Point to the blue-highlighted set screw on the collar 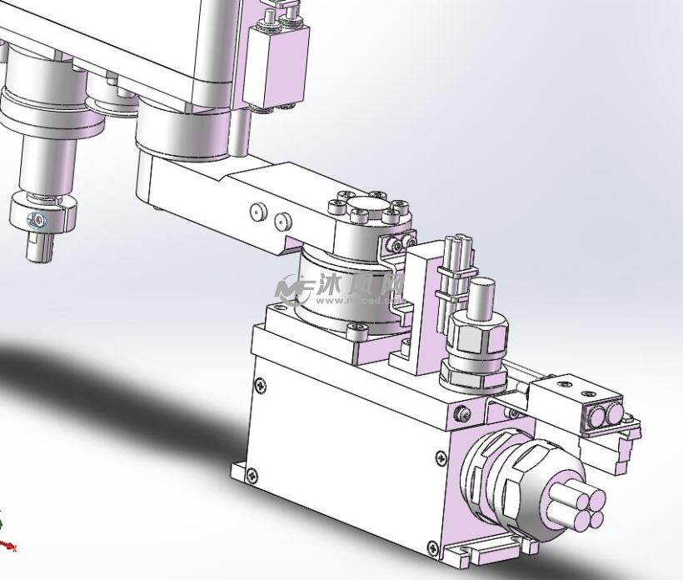[36, 221]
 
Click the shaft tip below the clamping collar [38, 246]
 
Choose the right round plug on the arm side [283, 221]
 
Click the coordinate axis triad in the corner [7, 537]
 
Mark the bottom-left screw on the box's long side [252, 476]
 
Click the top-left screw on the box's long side [262, 384]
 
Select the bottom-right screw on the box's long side [431, 547]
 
